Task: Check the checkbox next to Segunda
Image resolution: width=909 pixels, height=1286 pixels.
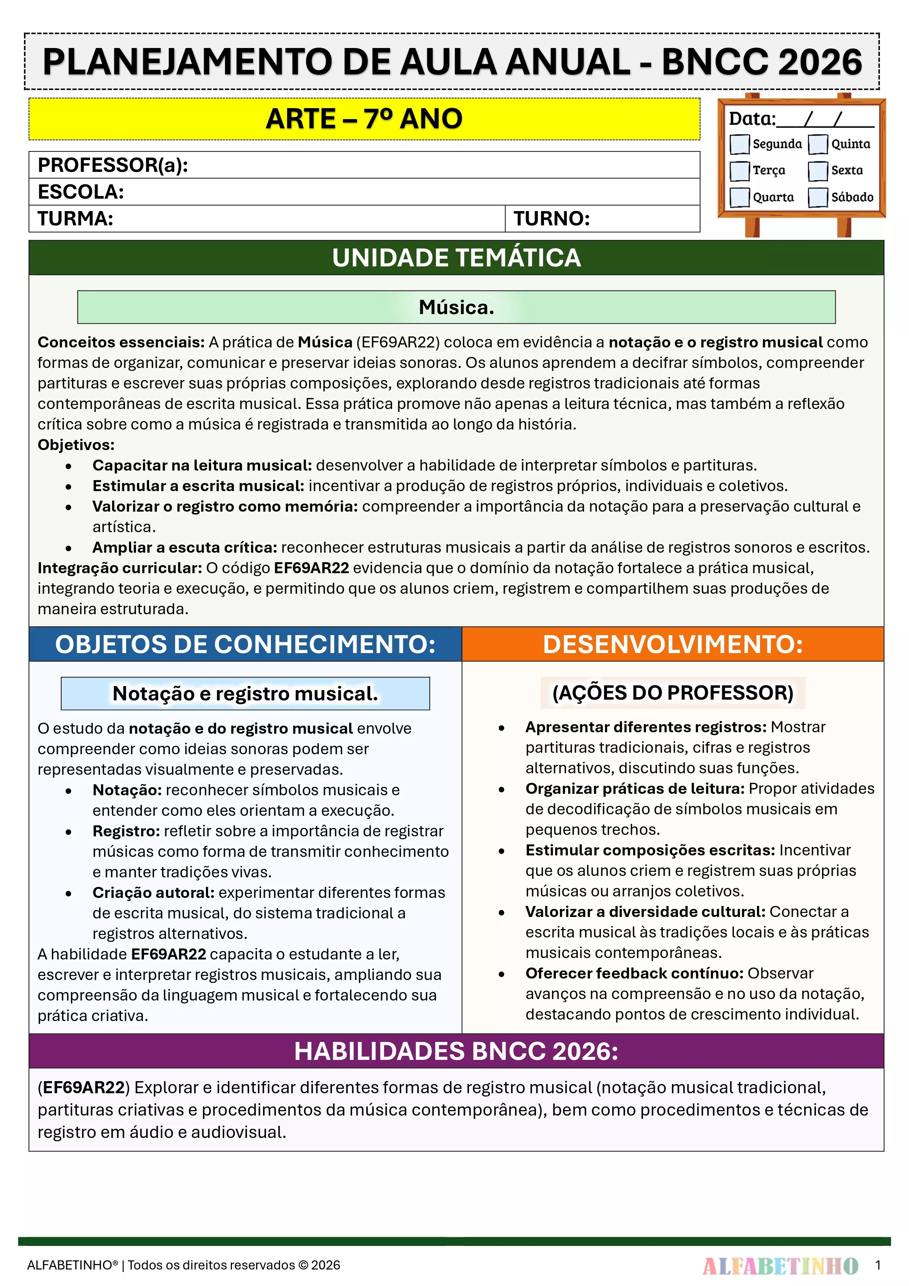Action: pyautogui.click(x=739, y=144)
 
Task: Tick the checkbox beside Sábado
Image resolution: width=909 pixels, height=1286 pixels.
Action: pyautogui.click(x=818, y=197)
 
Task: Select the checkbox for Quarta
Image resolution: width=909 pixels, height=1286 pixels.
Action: pyautogui.click(x=739, y=197)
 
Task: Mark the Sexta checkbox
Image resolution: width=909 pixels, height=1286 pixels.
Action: pyautogui.click(x=818, y=171)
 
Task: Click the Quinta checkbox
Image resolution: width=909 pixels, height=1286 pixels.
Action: pyautogui.click(x=818, y=144)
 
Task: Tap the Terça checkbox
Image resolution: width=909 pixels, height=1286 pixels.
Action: pyautogui.click(x=739, y=171)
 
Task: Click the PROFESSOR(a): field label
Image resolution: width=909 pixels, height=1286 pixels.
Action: pyautogui.click(x=112, y=165)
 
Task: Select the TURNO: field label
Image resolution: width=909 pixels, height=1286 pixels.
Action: pyautogui.click(x=552, y=218)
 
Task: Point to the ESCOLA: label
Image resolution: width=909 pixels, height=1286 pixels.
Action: pyautogui.click(x=81, y=192)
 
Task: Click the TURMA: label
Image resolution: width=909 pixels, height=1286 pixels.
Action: pyautogui.click(x=75, y=218)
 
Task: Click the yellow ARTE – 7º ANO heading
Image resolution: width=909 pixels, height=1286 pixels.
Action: pyautogui.click(x=364, y=119)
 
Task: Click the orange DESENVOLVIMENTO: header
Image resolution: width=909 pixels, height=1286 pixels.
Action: pyautogui.click(x=673, y=644)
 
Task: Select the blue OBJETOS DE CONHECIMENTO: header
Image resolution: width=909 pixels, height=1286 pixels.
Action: pyautogui.click(x=245, y=644)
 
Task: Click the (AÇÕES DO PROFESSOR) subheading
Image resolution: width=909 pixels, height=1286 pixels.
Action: pyautogui.click(x=673, y=693)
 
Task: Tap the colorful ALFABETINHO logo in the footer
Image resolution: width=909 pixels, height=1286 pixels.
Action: pyautogui.click(x=780, y=1265)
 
